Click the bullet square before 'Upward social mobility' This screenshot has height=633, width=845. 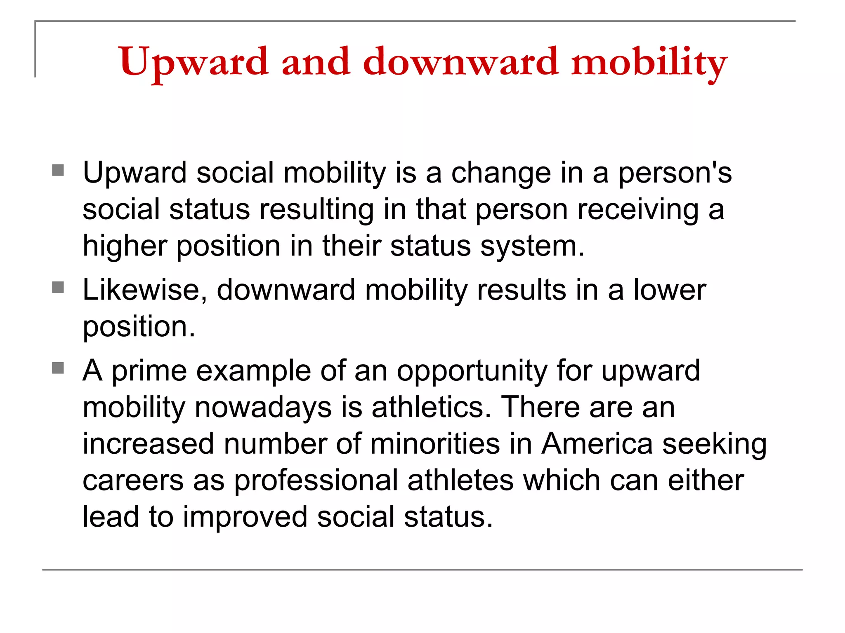[x=58, y=170]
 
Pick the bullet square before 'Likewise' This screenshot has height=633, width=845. [x=58, y=287]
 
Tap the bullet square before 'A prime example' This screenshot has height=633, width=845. [x=58, y=368]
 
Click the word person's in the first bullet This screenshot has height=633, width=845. [x=675, y=173]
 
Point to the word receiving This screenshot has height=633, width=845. [x=638, y=209]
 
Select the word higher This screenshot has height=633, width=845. [x=125, y=246]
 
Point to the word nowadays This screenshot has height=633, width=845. [x=263, y=408]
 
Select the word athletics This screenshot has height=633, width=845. [x=431, y=408]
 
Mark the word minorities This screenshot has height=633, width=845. [x=435, y=444]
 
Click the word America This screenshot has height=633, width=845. [x=597, y=444]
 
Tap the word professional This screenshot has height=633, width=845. [x=316, y=481]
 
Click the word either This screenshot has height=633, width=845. [x=706, y=481]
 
